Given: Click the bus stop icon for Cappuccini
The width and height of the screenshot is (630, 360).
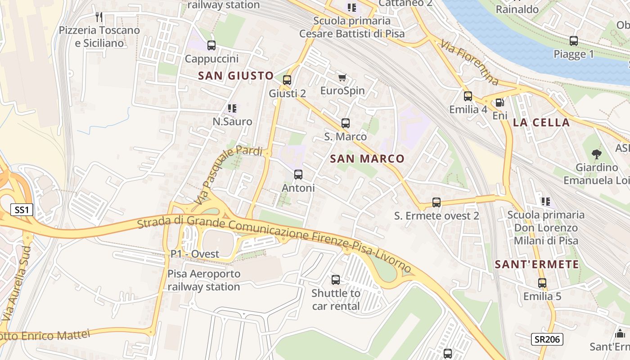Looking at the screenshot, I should tap(211, 45).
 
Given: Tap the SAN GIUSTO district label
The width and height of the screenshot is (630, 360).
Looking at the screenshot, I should tap(236, 76).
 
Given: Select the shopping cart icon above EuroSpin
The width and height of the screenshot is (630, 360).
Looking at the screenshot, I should tap(342, 77).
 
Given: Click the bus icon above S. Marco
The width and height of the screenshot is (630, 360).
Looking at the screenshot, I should tap(346, 123).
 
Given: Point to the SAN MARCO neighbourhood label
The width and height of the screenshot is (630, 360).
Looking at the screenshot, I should tap(367, 158).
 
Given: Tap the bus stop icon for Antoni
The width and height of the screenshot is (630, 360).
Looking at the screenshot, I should tap(298, 175).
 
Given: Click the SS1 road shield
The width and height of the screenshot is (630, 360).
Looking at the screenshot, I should tap(22, 210).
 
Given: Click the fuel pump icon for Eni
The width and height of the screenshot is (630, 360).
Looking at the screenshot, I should tap(499, 103).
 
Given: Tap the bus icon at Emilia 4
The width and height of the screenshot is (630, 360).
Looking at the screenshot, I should tap(468, 96).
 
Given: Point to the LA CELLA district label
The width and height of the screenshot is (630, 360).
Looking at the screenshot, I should tap(541, 122).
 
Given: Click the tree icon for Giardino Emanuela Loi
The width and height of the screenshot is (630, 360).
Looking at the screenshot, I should tap(597, 154).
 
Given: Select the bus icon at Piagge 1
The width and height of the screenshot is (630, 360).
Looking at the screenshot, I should tap(574, 41).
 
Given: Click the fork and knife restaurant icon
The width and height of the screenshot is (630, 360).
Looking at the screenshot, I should tap(99, 17).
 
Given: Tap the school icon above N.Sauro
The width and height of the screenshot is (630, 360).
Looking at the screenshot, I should tap(232, 108).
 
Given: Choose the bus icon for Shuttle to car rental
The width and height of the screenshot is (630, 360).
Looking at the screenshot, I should tap(336, 280).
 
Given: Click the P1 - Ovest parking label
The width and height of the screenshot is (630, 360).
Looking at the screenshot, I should tap(195, 254).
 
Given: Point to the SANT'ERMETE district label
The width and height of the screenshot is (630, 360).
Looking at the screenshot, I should tap(537, 265).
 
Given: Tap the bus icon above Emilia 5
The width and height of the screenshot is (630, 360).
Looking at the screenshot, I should tap(542, 283).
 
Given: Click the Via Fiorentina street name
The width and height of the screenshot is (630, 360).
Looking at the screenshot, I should tap(470, 63).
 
